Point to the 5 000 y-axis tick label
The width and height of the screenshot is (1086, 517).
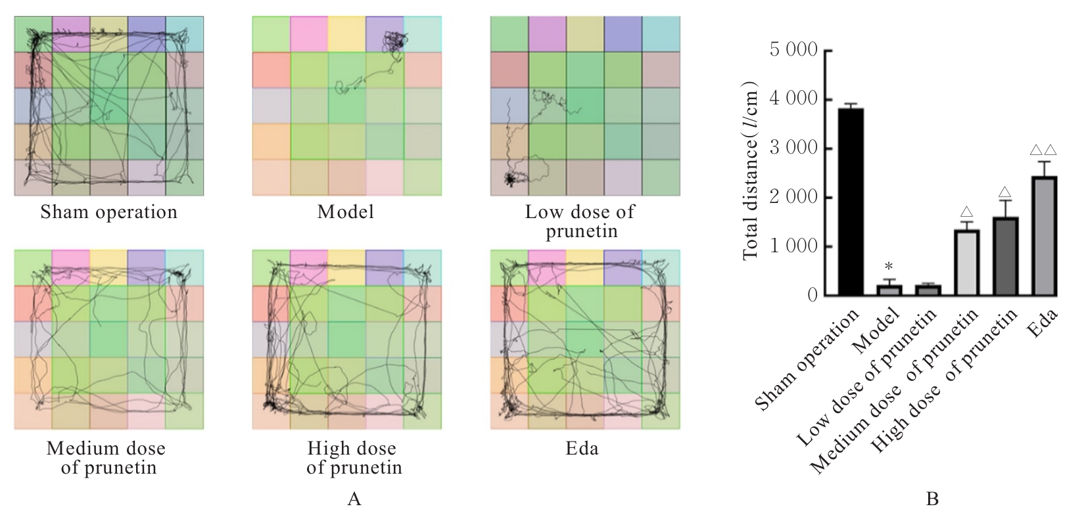tap(793, 51)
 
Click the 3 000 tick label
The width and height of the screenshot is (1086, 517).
tap(793, 148)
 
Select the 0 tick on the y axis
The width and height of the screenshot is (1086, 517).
tap(813, 296)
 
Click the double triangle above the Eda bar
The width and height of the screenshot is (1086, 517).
tap(1043, 150)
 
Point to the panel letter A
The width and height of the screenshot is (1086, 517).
tap(354, 499)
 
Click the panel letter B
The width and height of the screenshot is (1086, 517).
tap(932, 499)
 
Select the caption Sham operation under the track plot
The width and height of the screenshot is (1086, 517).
tap(109, 213)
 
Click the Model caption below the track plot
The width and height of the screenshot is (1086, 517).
tap(346, 213)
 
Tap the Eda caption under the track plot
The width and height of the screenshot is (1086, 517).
tap(582, 449)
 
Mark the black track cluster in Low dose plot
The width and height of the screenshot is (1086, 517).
tap(510, 178)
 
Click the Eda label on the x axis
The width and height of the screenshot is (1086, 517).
tap(1042, 323)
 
